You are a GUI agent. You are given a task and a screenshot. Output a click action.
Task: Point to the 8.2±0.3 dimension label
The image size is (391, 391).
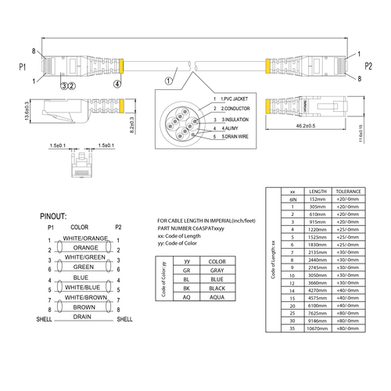[x=132, y=120]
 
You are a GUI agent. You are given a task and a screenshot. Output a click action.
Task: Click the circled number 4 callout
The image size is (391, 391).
[x=117, y=83]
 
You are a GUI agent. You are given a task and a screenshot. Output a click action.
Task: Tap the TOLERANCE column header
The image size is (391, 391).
[x=348, y=192]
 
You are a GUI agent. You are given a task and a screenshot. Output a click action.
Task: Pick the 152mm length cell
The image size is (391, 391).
[x=318, y=200]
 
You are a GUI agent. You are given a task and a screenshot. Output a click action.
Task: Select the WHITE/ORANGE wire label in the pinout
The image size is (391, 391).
[x=86, y=238]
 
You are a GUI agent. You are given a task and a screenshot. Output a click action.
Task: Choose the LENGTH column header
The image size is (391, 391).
[x=318, y=192]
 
